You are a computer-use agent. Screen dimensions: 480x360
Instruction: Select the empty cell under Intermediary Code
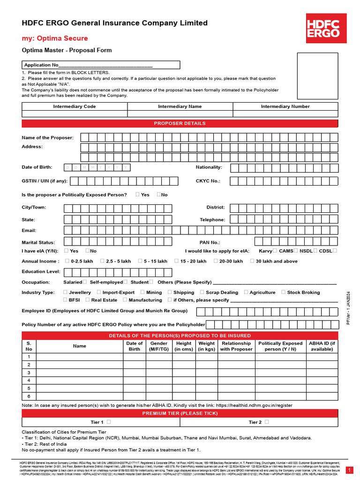(x=75, y=113)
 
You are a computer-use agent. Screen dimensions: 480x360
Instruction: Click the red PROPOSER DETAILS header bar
(x=180, y=123)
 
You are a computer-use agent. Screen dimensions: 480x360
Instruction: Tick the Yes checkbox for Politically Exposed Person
(x=137, y=194)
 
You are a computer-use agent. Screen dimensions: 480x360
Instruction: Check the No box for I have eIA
(x=88, y=251)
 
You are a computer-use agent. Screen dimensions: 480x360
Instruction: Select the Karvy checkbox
(x=275, y=251)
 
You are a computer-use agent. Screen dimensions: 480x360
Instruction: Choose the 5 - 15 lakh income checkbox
(x=141, y=261)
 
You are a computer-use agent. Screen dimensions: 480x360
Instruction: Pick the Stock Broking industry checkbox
(x=283, y=292)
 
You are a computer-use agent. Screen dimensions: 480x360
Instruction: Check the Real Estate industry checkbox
(x=88, y=300)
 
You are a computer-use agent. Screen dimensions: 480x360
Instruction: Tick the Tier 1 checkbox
(x=109, y=422)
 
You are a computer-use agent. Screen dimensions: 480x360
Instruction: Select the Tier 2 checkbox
(x=267, y=422)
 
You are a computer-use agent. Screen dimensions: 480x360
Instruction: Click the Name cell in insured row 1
(x=80, y=356)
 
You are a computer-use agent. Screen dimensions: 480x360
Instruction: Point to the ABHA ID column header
(x=322, y=346)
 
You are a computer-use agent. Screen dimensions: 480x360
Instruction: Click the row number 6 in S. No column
(x=29, y=396)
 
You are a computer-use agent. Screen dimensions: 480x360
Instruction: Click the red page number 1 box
(x=349, y=470)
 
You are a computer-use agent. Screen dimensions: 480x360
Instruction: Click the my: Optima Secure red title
(x=55, y=38)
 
